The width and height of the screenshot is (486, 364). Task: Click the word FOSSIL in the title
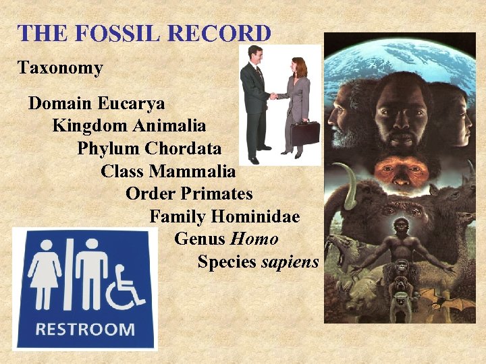point(115,33)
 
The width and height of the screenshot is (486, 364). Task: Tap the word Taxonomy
point(60,68)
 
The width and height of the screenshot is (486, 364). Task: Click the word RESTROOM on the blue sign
point(85,330)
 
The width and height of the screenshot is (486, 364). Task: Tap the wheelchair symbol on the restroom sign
point(129,286)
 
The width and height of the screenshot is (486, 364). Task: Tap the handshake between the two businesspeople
point(273,96)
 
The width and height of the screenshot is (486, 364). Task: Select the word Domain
point(61,104)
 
